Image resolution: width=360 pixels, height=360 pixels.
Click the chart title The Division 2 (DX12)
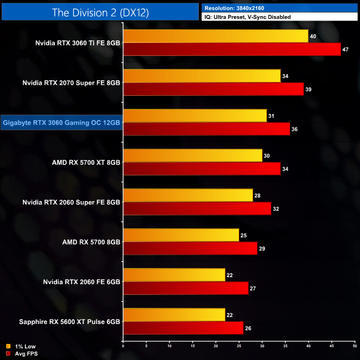coord(100,12)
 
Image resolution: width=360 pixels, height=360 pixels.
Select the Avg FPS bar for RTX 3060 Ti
coord(232,49)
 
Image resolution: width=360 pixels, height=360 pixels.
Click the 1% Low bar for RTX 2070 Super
coord(202,76)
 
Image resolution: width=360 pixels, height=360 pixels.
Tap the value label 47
coord(346,49)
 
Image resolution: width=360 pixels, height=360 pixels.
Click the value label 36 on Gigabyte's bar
coord(295,129)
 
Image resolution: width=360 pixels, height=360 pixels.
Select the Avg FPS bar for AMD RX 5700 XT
coord(202,168)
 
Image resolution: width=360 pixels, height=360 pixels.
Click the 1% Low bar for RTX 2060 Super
coord(188,196)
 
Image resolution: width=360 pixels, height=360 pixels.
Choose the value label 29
coord(263,249)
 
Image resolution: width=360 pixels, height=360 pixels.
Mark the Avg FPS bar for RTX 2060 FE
coord(186,288)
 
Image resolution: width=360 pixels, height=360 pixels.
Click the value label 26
coord(249,328)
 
